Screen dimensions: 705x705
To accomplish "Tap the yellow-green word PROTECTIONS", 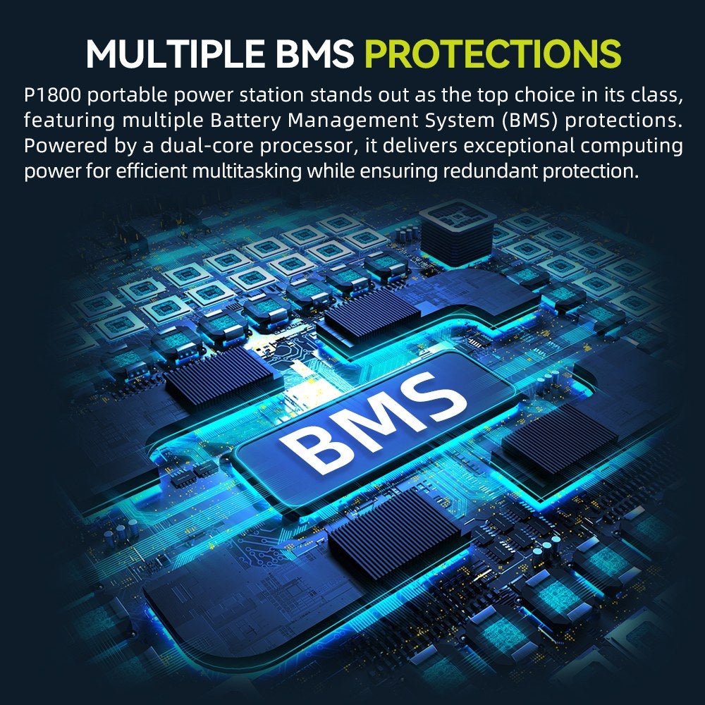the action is click(x=493, y=54).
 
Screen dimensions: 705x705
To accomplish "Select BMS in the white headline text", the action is click(x=314, y=54).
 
